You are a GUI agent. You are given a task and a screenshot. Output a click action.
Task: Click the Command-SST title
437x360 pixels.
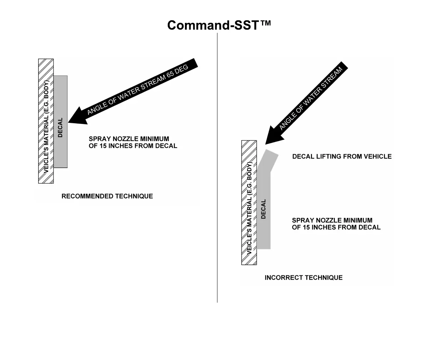tap(218, 25)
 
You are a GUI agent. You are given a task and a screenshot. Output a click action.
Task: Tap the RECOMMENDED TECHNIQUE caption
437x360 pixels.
tap(107, 196)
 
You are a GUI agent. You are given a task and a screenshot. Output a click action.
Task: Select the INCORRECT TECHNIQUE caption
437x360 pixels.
tap(303, 277)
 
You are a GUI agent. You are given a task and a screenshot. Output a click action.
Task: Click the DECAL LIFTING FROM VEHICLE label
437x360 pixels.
tap(342, 156)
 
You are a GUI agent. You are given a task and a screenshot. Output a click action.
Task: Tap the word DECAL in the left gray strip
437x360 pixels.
tap(60, 127)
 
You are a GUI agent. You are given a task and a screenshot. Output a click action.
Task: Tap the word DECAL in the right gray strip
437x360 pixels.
tap(263, 209)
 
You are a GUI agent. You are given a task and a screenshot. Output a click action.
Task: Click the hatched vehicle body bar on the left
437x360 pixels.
tap(46, 121)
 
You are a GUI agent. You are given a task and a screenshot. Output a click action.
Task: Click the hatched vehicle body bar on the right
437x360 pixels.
tap(249, 202)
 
